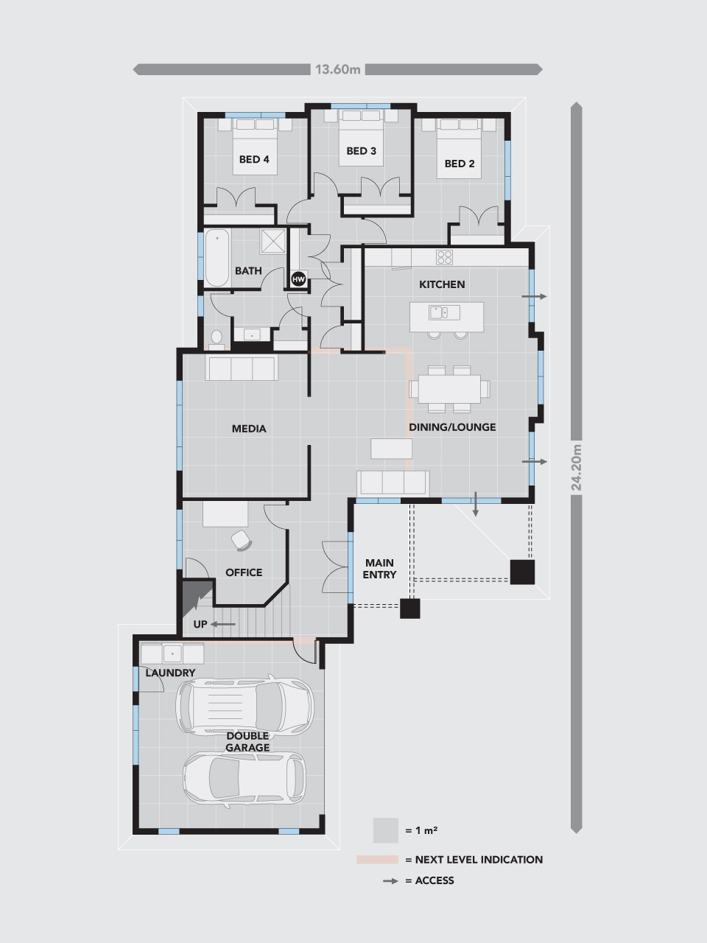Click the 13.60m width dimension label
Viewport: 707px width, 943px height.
(x=337, y=69)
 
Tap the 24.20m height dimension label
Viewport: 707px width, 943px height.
(x=576, y=467)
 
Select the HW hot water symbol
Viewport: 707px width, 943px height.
(x=298, y=279)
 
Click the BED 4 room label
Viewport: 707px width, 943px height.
(x=254, y=159)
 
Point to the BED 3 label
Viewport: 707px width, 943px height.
(x=361, y=151)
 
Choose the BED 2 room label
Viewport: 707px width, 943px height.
(x=460, y=164)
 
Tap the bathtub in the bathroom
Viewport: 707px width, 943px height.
(x=217, y=258)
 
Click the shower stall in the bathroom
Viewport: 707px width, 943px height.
(x=272, y=241)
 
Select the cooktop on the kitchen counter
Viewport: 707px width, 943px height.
(x=444, y=257)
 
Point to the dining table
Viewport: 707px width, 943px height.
(x=449, y=389)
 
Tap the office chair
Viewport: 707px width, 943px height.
(x=242, y=540)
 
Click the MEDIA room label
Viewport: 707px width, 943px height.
(x=249, y=428)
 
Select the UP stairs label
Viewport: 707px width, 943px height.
(x=200, y=624)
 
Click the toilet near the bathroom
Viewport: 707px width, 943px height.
(x=217, y=340)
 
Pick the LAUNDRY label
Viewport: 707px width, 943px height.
(x=170, y=673)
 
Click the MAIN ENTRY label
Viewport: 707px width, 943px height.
(x=379, y=568)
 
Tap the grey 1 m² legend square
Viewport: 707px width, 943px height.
(x=385, y=830)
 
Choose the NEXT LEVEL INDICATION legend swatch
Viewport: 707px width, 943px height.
(x=377, y=860)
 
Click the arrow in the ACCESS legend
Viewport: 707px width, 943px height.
(x=390, y=880)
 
